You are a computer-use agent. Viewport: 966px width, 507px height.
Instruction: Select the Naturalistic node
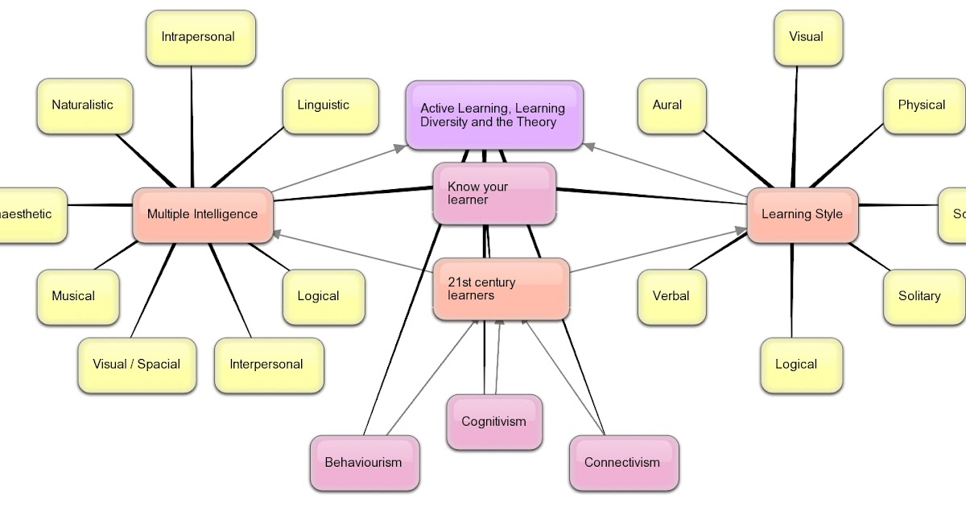84,105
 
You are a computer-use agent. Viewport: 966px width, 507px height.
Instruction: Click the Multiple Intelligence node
203,215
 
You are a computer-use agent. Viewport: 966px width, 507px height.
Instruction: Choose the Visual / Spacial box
137,365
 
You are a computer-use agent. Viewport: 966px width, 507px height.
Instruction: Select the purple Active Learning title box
493,116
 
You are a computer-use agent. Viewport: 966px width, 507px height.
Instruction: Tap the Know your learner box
494,193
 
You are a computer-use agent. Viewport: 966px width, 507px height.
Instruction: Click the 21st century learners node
501,289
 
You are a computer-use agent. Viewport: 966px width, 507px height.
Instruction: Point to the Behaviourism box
364,463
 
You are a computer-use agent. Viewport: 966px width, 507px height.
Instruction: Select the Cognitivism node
494,422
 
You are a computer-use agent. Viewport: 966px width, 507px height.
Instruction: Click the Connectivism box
623,463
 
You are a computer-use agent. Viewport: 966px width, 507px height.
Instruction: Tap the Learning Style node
803,215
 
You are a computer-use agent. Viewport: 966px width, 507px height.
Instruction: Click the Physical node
923,105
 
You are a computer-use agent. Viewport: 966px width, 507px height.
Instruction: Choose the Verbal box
671,296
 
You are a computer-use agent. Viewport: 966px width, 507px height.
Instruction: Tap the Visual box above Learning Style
807,38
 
